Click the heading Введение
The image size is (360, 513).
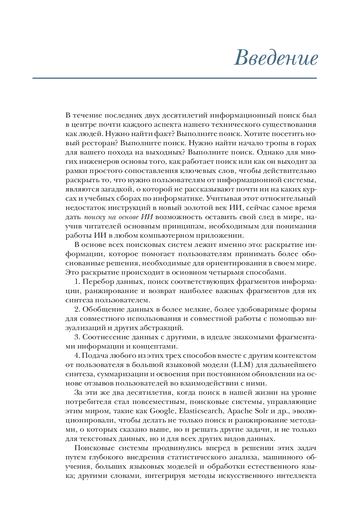[x=276, y=58]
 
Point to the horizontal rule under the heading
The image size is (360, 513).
[x=174, y=78]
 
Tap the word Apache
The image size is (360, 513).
[x=239, y=411]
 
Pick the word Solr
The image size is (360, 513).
[x=262, y=411]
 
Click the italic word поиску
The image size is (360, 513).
[x=95, y=217]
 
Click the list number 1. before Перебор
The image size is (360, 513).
[x=77, y=282]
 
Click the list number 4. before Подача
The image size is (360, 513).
[x=77, y=356]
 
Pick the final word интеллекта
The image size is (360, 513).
[x=296, y=476]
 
